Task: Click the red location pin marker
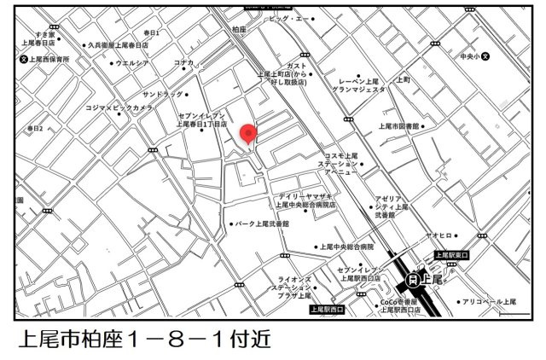coord(248,134)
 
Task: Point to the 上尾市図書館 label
coord(399,125)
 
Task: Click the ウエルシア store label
coord(131,62)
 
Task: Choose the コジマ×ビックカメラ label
coord(119,109)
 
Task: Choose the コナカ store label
coord(184,62)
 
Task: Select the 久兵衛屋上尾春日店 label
coord(119,45)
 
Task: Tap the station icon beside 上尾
coord(414,278)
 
